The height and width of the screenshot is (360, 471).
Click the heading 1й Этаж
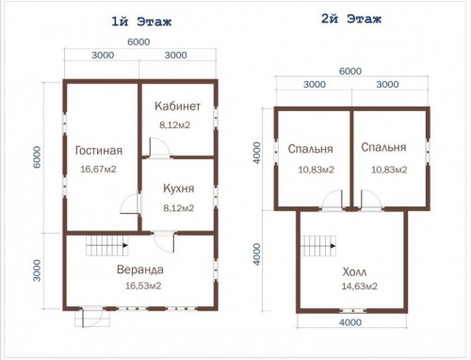pos(141,22)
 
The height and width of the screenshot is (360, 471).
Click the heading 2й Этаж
pos(351,19)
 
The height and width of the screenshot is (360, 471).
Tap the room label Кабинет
pos(177,106)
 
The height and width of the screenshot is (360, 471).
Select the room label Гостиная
pos(99,151)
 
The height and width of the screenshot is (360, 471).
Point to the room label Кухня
pos(178,188)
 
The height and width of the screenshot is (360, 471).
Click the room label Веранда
pos(140,270)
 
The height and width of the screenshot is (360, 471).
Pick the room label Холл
pos(354,271)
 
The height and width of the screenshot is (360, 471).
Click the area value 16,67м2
pos(98,169)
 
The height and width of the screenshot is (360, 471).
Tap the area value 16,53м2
pos(143,286)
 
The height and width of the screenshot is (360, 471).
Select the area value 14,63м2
pos(359,286)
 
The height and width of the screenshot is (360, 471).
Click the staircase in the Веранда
pos(107,245)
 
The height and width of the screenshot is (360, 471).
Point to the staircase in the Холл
pos(318,246)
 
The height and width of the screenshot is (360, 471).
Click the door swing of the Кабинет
pos(160,147)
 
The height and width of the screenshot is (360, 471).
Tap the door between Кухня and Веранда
pos(164,242)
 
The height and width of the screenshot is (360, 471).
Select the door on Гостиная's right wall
pos(130,204)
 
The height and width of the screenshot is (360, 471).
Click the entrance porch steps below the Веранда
pos(92,319)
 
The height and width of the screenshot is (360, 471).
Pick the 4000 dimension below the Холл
pos(350,322)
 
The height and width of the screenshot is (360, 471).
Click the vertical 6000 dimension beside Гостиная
pos(37,157)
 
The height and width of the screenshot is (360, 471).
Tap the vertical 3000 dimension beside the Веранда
pos(37,270)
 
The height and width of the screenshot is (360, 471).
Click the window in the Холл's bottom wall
pos(353,311)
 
